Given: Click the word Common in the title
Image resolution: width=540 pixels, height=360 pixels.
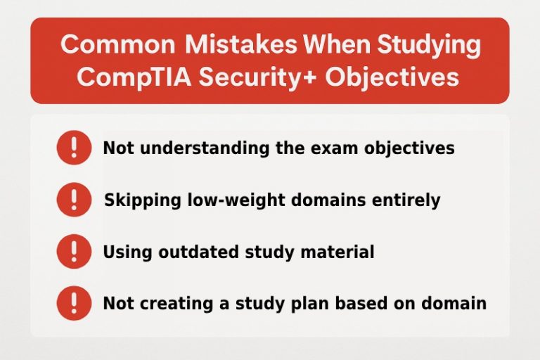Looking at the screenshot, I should [x=117, y=45].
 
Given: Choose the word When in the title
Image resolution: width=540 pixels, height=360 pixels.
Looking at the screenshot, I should [x=337, y=45].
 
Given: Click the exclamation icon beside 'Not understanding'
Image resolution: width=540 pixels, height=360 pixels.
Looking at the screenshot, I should [x=74, y=149].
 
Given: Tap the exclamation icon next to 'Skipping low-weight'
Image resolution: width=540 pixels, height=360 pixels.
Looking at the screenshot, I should [x=74, y=200].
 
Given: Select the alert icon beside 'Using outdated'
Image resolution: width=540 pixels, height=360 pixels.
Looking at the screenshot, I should [x=74, y=252].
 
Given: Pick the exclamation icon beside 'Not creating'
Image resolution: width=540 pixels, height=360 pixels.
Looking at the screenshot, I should [x=74, y=304].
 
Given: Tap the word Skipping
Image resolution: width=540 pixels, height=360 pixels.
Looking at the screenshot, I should [x=137, y=200].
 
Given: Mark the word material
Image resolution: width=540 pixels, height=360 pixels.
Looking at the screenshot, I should [x=340, y=252].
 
